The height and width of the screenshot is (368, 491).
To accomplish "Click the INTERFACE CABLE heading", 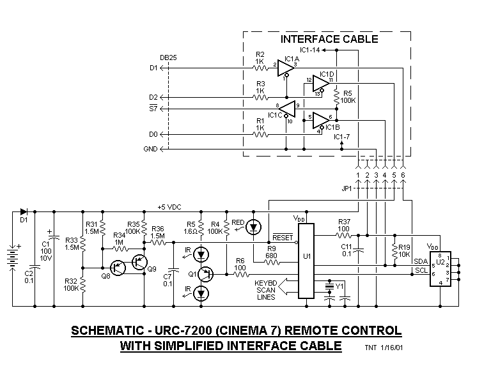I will [329, 39].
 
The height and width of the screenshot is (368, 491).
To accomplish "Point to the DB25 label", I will [169, 57].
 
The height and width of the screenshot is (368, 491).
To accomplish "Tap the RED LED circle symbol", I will [255, 227].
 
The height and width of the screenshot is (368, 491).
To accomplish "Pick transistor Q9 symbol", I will [139, 262].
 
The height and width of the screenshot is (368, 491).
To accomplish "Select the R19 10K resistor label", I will [405, 250].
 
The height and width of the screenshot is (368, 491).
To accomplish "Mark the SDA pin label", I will [420, 261].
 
